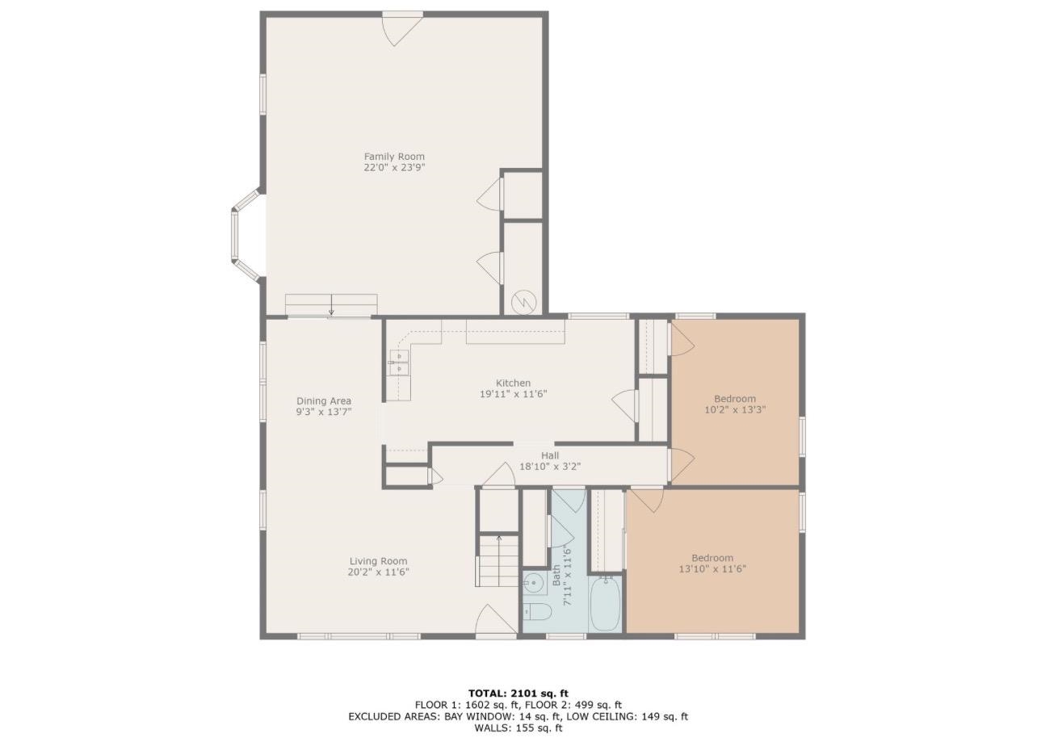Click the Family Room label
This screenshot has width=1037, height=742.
394,157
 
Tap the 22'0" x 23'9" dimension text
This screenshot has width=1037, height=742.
394,168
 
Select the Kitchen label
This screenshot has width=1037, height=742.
513,383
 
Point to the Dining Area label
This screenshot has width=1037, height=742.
323,400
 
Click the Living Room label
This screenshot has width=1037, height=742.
378,561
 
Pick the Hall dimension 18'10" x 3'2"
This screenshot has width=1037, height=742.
549,466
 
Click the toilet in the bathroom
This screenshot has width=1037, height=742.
536,611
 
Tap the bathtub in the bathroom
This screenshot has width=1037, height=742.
605,603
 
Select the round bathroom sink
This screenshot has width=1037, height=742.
534,582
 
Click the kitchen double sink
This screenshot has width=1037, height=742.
399,363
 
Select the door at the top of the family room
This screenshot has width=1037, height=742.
402,27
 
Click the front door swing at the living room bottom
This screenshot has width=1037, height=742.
493,622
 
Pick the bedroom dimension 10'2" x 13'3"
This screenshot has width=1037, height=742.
735,409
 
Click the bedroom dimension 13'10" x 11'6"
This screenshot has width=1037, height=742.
712,568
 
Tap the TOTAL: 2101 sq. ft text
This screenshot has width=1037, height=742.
518,693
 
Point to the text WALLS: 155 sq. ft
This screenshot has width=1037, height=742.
518,727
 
